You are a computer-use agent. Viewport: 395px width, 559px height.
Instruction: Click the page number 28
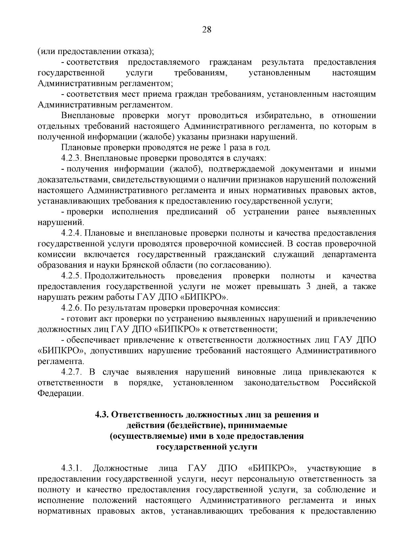click(x=206, y=30)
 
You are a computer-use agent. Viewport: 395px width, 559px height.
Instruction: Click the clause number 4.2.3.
click(x=71, y=158)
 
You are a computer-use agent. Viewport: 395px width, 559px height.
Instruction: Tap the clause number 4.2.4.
click(x=71, y=233)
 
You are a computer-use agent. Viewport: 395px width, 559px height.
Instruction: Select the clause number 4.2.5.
click(x=71, y=276)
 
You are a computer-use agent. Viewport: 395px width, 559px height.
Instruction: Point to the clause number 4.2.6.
click(x=71, y=308)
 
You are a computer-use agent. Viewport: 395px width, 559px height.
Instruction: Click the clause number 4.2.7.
click(x=71, y=372)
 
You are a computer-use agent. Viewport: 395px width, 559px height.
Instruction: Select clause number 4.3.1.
click(x=71, y=468)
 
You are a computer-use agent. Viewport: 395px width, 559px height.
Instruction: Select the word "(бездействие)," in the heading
click(x=191, y=426)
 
